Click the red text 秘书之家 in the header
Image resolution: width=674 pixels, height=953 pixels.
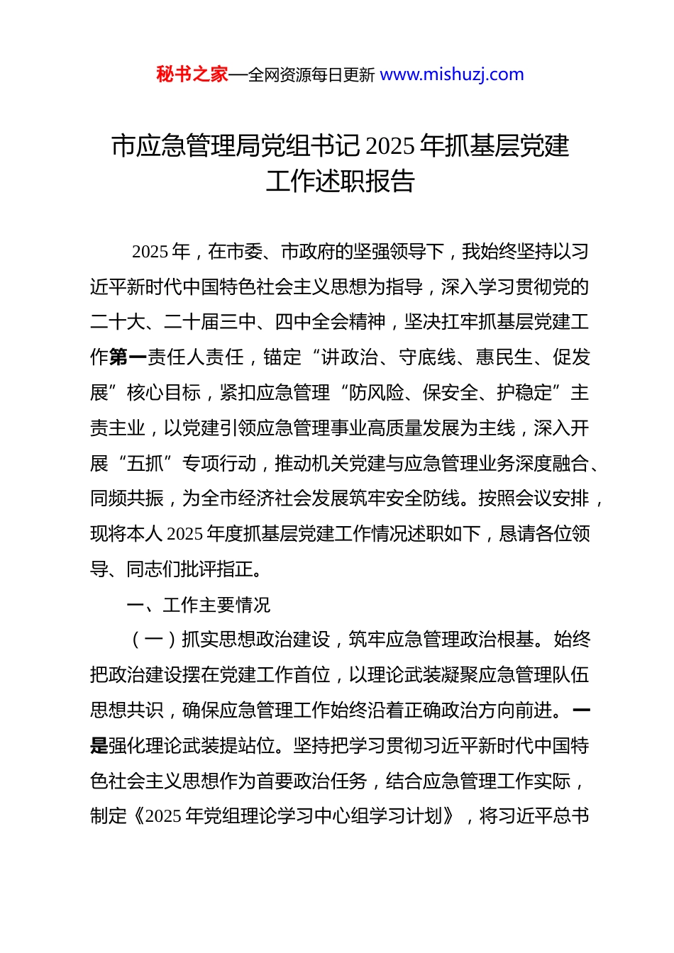(x=192, y=74)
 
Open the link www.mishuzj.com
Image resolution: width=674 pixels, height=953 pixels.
(x=452, y=74)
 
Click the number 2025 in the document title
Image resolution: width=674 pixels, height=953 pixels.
(x=390, y=146)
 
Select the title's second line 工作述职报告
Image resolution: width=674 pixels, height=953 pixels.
(x=340, y=182)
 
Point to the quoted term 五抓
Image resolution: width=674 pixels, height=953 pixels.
(x=145, y=464)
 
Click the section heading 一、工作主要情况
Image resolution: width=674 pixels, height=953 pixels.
(x=199, y=605)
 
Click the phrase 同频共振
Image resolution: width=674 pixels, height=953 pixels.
(x=127, y=498)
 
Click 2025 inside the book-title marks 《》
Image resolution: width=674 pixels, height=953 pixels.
(x=163, y=816)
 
